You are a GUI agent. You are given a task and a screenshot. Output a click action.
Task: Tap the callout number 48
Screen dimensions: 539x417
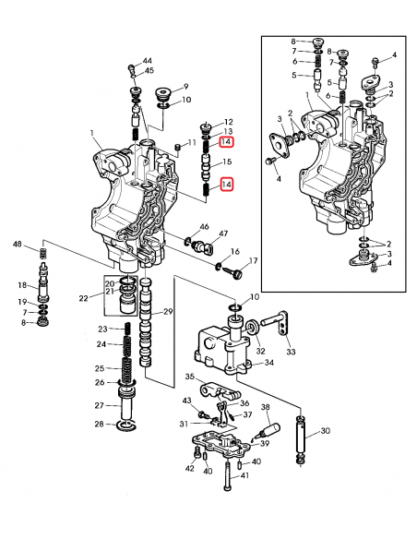[x=17, y=245]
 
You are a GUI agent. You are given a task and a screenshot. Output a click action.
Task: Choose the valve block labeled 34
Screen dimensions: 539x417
[x=221, y=351]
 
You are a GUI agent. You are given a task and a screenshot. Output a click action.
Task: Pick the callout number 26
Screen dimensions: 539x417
[x=99, y=383]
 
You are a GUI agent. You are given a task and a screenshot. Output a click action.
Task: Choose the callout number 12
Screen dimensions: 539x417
[x=228, y=122]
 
